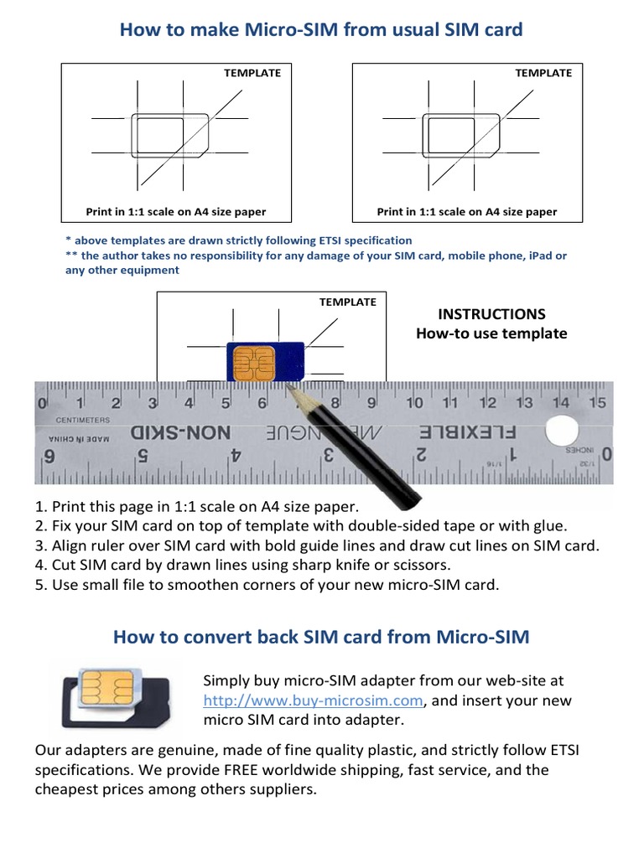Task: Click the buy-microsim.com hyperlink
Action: coord(315,700)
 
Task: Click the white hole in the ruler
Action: coord(562,432)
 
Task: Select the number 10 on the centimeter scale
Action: coord(414,403)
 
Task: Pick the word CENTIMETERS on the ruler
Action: coord(84,419)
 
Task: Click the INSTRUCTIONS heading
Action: coord(491,314)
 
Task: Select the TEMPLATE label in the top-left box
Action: coord(252,73)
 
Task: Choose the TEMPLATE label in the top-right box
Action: coord(543,73)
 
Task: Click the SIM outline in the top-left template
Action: coord(172,134)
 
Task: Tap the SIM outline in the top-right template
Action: coord(462,134)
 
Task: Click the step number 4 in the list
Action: coord(39,565)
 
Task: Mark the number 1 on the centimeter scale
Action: coord(79,403)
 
